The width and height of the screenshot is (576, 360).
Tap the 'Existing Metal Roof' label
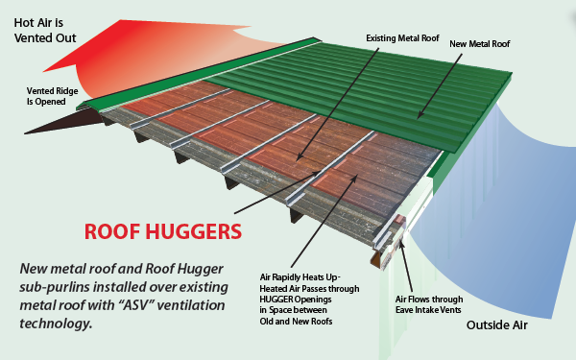pos(402,39)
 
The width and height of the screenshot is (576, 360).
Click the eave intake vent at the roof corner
pos(395,230)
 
